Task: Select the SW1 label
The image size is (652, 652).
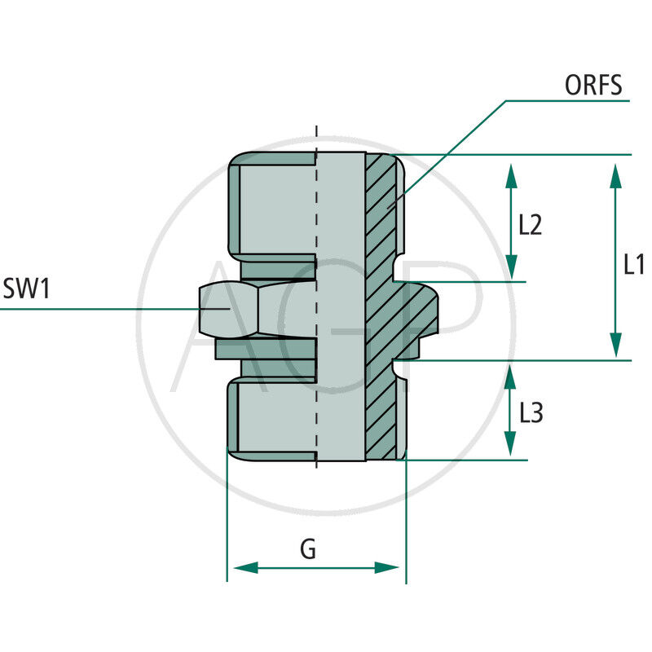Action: click(27, 289)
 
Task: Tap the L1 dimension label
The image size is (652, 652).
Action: click(634, 264)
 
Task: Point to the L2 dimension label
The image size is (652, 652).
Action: click(530, 224)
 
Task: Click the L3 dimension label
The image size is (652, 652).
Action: click(531, 413)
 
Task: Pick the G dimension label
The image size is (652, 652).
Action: click(308, 549)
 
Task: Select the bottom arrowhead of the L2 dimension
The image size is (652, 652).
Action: click(511, 267)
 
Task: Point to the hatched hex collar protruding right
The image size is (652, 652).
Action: click(417, 314)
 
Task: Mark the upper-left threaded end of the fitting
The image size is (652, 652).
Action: click(269, 204)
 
